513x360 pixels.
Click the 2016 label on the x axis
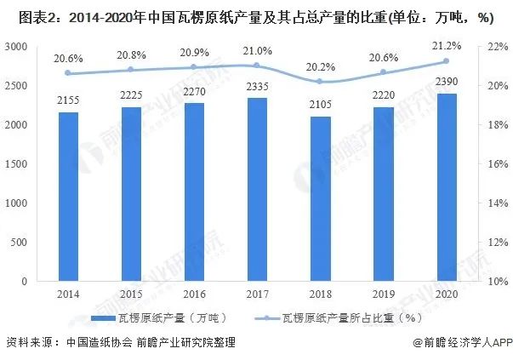coord(191,294)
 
